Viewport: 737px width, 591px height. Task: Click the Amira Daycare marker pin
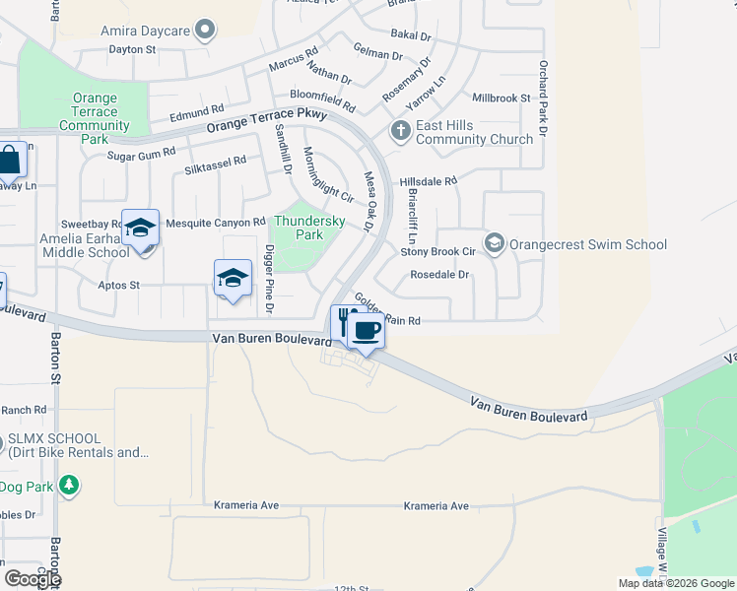(x=205, y=31)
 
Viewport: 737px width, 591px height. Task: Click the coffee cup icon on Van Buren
(x=367, y=332)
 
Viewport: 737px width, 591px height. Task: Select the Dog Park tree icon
(x=68, y=486)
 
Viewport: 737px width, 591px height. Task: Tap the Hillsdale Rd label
(x=429, y=181)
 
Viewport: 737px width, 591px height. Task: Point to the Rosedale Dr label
(x=439, y=275)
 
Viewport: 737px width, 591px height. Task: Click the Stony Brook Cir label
(x=438, y=251)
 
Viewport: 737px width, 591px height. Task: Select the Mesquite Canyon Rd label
(x=216, y=223)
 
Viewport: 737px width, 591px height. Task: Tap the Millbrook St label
(x=502, y=98)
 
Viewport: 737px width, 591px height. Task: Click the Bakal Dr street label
(x=411, y=35)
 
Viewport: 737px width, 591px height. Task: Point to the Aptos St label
(x=119, y=285)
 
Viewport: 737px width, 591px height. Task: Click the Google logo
(x=32, y=578)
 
